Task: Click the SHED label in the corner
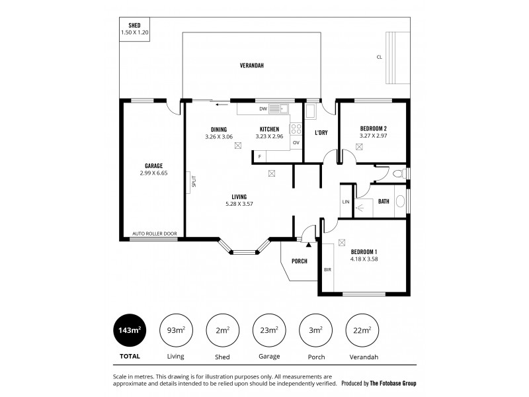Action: click(x=134, y=25)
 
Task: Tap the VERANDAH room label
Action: click(x=252, y=66)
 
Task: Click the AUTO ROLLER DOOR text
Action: click(x=154, y=234)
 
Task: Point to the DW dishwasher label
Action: click(x=263, y=108)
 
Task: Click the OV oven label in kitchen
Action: click(x=296, y=142)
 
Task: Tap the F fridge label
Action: click(x=260, y=156)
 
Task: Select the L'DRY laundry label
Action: click(x=321, y=132)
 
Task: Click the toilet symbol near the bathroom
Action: click(x=397, y=174)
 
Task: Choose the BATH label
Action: click(x=384, y=201)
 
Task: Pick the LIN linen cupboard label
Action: click(x=345, y=201)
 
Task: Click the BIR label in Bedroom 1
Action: click(x=327, y=269)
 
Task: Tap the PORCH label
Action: click(x=300, y=261)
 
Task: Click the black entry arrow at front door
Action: click(x=308, y=244)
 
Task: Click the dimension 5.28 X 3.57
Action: click(x=239, y=204)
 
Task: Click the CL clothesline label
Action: click(x=379, y=57)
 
